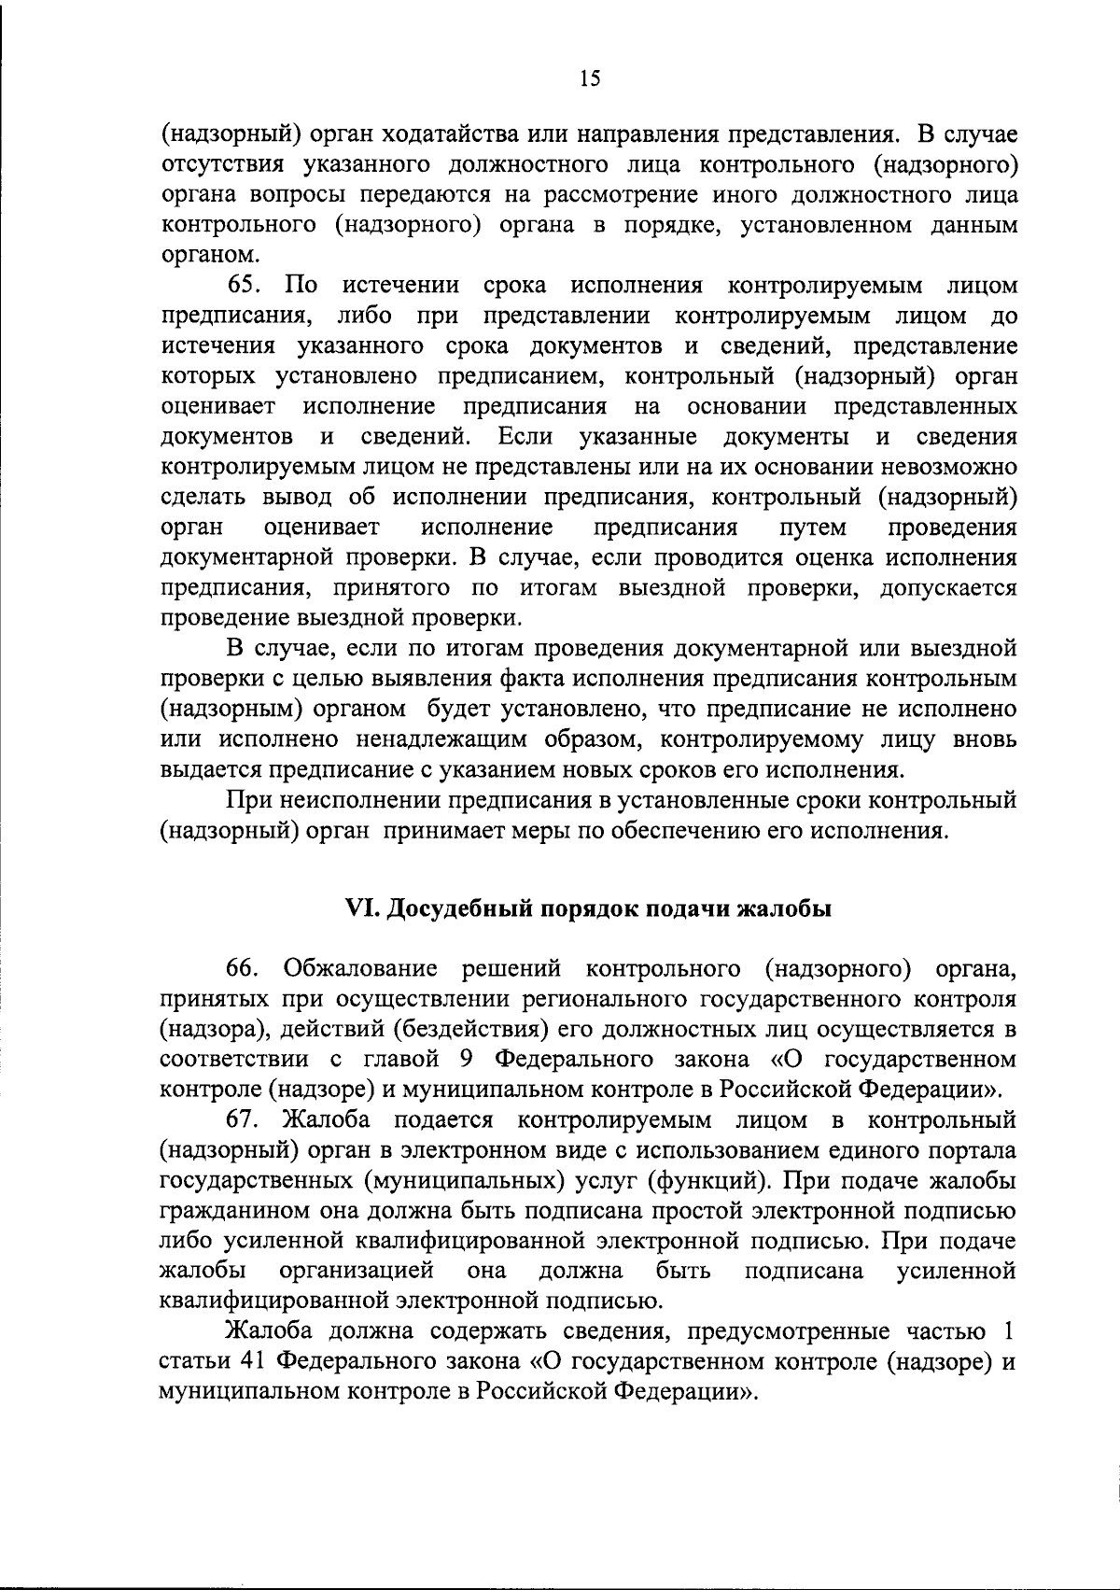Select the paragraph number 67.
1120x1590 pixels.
pyautogui.click(x=244, y=1120)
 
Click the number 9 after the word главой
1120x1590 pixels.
pyautogui.click(x=474, y=1060)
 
